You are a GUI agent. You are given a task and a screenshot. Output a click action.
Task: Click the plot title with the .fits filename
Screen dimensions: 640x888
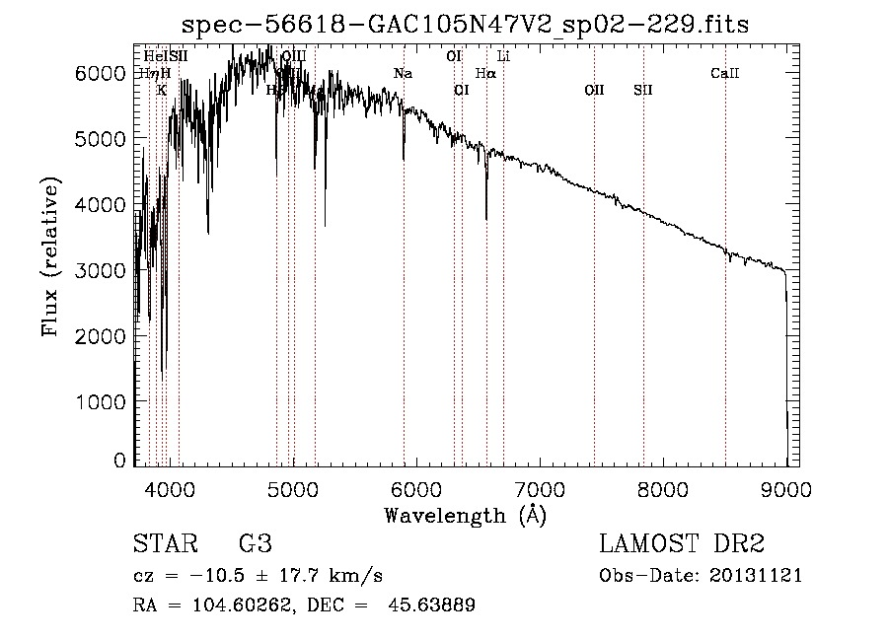[456, 26]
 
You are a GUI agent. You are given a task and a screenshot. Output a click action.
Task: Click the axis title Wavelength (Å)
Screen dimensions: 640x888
[465, 515]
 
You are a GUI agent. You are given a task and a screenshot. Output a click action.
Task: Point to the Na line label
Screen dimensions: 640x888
[403, 74]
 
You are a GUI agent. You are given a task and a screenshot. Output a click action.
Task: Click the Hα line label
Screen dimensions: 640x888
[485, 74]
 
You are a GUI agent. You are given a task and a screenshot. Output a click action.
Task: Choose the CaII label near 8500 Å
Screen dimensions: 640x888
[725, 74]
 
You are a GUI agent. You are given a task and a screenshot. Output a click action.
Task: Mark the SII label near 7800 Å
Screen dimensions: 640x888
[643, 91]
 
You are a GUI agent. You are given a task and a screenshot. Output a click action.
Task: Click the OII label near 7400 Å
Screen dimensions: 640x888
[594, 91]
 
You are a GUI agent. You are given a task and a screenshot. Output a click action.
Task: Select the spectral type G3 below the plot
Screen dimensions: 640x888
[256, 544]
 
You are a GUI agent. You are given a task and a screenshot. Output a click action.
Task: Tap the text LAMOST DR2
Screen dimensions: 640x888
[682, 544]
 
